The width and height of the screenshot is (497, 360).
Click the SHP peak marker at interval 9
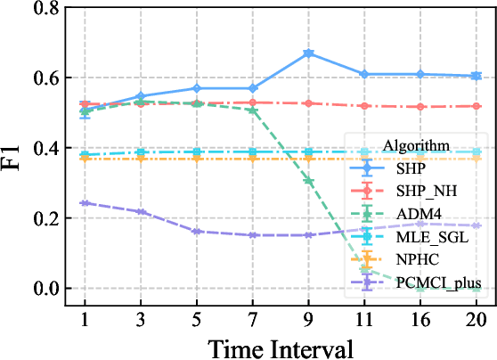[x=308, y=53]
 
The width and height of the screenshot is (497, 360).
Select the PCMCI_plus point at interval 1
[x=85, y=203]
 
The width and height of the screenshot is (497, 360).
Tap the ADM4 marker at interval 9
[x=308, y=181]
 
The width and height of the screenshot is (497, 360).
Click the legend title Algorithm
[x=414, y=144]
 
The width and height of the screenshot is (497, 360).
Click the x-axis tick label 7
[x=253, y=319]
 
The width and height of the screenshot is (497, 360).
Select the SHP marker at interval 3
[x=141, y=96]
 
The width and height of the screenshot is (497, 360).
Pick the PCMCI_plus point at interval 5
[x=197, y=231]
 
